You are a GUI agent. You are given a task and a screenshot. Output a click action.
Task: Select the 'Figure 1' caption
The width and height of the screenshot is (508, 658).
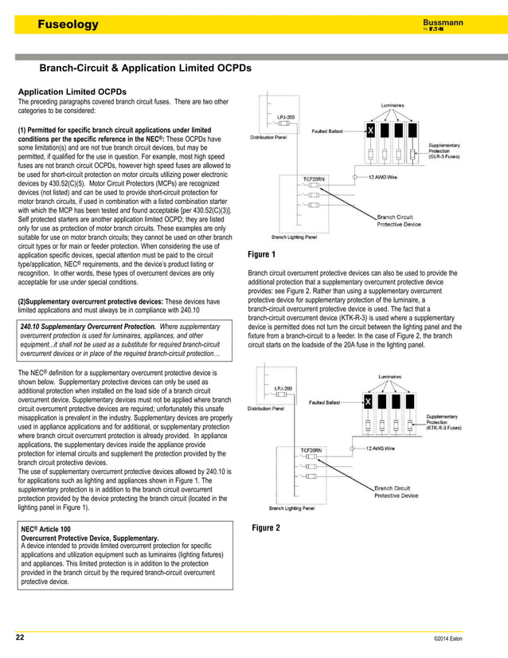click(x=263, y=255)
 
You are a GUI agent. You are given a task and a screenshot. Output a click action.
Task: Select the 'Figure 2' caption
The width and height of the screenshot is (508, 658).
click(x=266, y=528)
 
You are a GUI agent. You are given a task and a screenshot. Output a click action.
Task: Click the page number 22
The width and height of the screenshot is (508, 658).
click(x=20, y=638)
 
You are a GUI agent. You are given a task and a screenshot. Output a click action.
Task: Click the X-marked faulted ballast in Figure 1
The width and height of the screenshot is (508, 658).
click(x=369, y=129)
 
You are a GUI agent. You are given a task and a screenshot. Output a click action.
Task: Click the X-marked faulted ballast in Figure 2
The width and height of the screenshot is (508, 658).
click(x=368, y=402)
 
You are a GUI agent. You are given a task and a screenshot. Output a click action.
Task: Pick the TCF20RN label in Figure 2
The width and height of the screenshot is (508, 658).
click(x=311, y=450)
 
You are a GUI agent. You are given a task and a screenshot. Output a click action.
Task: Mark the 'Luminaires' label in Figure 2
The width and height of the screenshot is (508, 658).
click(x=394, y=378)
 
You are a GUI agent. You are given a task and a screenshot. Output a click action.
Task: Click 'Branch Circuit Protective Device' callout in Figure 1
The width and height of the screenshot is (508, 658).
click(x=397, y=221)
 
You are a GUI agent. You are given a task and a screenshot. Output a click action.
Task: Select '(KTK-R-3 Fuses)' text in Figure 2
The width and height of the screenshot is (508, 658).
click(x=445, y=427)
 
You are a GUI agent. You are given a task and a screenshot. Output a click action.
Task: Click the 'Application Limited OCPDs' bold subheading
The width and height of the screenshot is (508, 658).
click(x=72, y=92)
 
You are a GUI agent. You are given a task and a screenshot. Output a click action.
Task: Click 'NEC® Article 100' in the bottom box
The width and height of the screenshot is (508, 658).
click(x=46, y=529)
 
